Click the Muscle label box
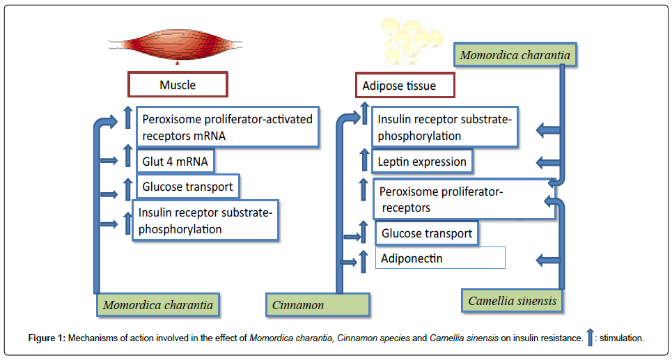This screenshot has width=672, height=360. [178, 84]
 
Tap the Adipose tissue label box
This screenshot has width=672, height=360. [405, 86]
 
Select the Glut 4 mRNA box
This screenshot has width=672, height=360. [175, 162]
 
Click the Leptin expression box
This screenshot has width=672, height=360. [422, 162]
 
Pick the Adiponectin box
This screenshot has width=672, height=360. [441, 258]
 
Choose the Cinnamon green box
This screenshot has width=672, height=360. [318, 305]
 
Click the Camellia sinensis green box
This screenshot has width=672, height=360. [513, 301]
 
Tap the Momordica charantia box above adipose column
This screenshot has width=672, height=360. [515, 55]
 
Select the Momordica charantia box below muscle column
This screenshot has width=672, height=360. [158, 305]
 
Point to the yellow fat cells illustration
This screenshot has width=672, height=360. [409, 40]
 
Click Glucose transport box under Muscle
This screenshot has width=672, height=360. [187, 187]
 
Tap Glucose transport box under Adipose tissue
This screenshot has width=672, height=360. [427, 233]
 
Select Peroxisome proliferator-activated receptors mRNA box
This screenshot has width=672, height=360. [228, 127]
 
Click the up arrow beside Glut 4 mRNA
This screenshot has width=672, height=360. [127, 155]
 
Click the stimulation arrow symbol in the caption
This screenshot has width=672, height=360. [590, 337]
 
